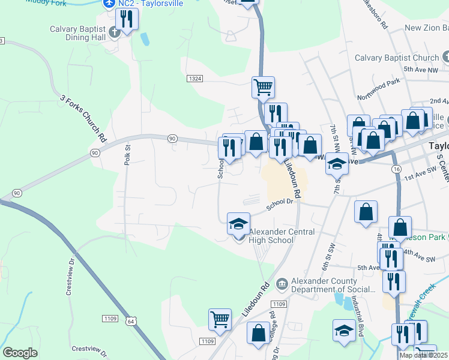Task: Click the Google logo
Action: pos(20,353)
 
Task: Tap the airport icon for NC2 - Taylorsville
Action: pos(109,4)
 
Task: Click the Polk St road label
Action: pos(127,155)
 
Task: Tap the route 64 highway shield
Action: pos(131,322)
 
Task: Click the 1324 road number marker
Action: pos(194,79)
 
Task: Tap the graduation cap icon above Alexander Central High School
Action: pos(238,224)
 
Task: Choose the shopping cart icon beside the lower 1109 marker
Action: pos(220,319)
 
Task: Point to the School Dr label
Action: pos(282,203)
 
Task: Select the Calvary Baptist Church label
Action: pos(397,58)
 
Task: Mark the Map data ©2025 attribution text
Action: pos(423,355)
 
